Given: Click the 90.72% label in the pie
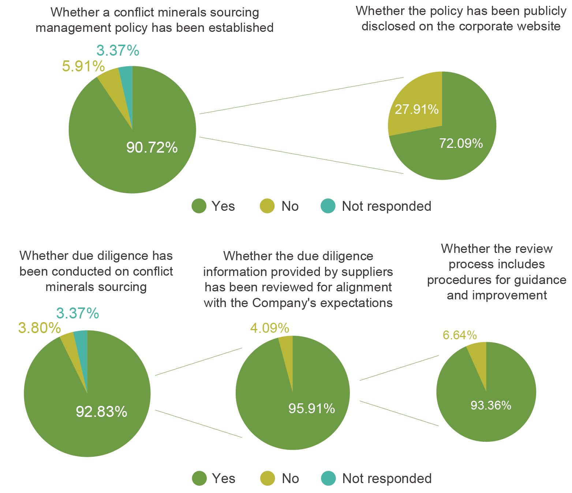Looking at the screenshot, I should tap(152, 147).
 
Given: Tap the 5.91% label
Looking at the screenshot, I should tap(83, 67).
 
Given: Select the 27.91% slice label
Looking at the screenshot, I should tap(416, 109).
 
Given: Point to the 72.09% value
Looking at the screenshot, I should tap(461, 143).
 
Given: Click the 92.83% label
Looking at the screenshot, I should tap(101, 412).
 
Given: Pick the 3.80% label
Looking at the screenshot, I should tap(39, 328).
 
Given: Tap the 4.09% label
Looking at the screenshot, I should tap(270, 328).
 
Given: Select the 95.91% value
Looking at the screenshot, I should tap(311, 408).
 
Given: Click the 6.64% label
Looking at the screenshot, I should tap(460, 335).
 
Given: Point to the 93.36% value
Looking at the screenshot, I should tap(490, 406).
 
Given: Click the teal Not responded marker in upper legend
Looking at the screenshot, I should tap(328, 206).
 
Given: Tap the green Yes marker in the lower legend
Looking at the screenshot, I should tap(199, 478).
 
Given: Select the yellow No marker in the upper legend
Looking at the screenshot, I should tap(267, 206).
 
